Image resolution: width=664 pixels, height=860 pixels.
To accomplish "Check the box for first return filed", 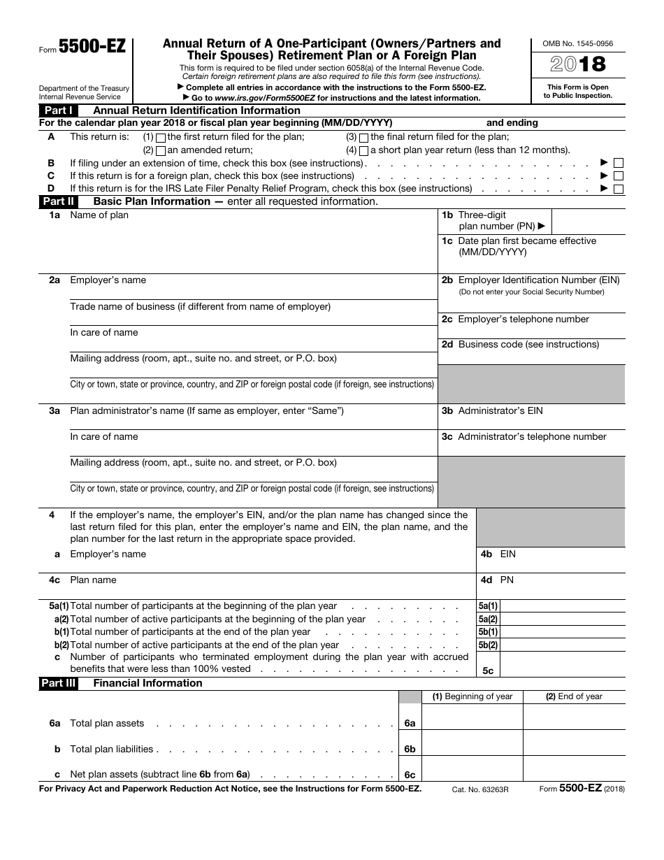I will click(161, 138).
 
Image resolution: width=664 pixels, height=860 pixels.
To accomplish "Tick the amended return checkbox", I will click(161, 150).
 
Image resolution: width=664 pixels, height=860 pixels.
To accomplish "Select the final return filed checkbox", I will click(363, 138).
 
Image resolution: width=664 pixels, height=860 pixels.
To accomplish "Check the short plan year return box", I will click(363, 150).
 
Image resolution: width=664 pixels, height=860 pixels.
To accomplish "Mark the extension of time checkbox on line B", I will click(619, 164).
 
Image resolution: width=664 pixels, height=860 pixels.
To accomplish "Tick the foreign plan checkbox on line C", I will click(619, 176).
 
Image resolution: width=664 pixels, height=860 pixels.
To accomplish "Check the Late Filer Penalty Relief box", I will click(619, 189).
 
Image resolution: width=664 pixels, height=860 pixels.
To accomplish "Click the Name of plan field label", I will click(99, 215).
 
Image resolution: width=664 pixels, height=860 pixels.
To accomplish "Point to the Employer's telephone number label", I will click(524, 320).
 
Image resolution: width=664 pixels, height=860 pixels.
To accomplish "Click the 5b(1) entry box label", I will click(488, 632).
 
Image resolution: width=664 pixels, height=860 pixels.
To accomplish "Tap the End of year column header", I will click(574, 696).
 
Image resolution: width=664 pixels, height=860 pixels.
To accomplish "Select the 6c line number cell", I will click(410, 775).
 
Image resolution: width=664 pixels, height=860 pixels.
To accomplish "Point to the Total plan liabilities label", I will click(112, 750).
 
